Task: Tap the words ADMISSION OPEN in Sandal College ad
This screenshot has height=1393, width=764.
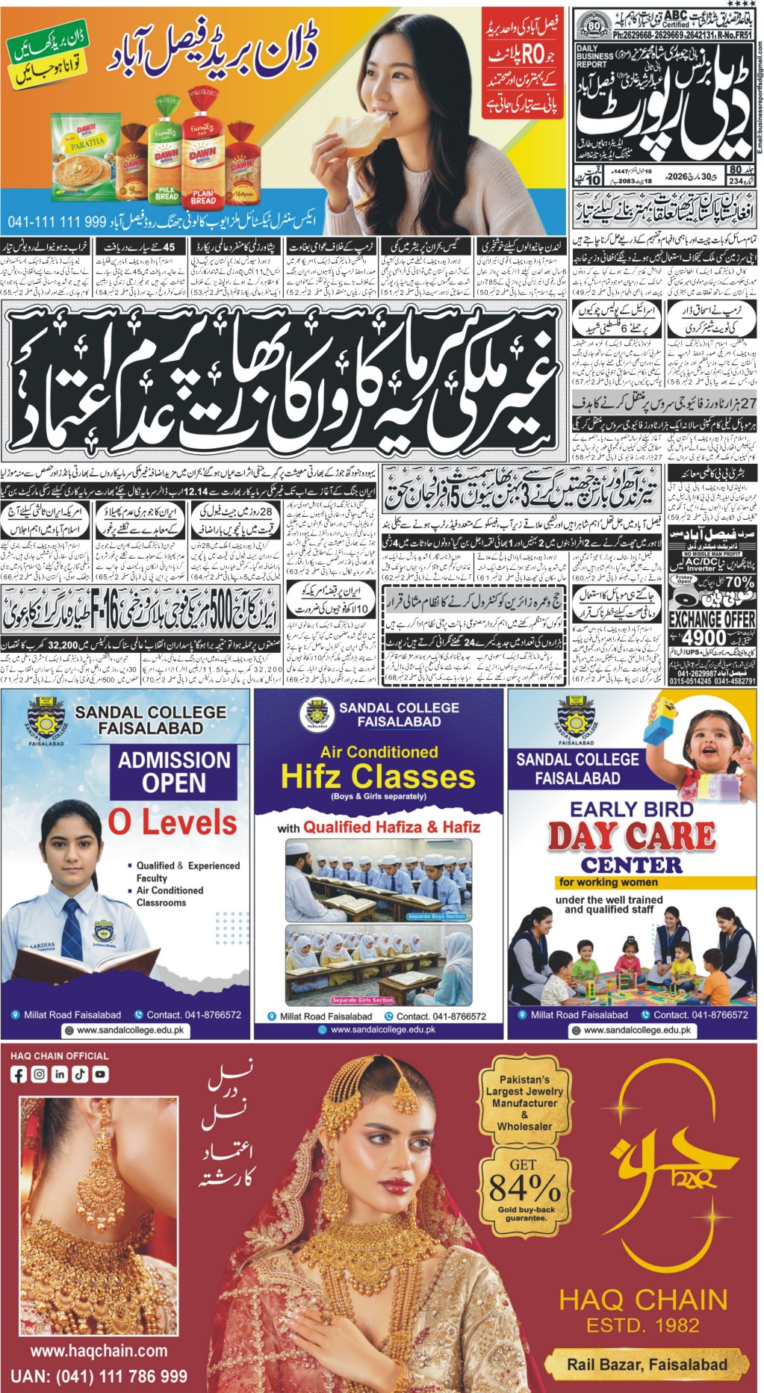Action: (x=174, y=772)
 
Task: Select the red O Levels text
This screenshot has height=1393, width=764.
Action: (x=173, y=822)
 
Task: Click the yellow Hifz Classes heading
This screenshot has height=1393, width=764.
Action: (x=378, y=777)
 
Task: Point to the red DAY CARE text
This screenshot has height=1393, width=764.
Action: (x=631, y=836)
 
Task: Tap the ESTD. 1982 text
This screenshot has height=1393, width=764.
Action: (x=643, y=1325)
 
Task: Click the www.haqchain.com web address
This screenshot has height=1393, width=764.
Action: (x=99, y=1350)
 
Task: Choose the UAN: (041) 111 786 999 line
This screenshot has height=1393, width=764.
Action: (x=99, y=1376)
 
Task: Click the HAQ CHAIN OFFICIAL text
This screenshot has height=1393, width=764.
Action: (x=60, y=1056)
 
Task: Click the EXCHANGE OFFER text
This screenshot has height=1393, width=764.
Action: (x=712, y=619)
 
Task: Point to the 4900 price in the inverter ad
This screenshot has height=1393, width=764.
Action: (x=704, y=637)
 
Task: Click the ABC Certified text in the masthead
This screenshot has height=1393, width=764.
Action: (x=676, y=19)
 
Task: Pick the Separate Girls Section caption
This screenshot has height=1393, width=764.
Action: (x=362, y=1000)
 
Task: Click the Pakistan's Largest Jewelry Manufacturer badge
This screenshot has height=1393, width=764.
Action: (x=524, y=1102)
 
